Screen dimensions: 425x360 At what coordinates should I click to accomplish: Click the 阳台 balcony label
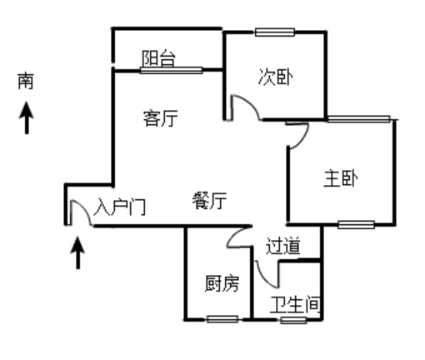pos(158,58)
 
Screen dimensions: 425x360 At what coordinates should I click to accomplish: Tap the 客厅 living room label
pos(161,118)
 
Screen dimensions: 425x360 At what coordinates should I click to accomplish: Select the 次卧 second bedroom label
pos(275,77)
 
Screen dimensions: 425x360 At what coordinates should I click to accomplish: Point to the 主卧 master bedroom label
pos(341,178)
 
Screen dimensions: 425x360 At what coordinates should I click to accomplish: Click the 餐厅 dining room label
pos(209,201)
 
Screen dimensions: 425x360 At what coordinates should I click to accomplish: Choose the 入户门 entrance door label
pos(120,207)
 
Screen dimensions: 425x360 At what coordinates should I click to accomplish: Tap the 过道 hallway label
pos(283,246)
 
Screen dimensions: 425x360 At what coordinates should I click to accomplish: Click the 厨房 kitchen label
pos(222,283)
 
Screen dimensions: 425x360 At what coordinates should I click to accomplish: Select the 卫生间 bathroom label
pos(295,304)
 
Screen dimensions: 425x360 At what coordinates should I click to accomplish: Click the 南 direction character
pos(26,81)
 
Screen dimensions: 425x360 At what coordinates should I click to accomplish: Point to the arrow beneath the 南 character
pos(27,117)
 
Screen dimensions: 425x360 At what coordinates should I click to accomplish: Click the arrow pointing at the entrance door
pos(77,252)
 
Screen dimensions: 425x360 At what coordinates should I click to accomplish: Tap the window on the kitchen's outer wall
pos(222,319)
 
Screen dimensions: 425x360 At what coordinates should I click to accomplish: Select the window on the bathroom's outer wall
pos(293,320)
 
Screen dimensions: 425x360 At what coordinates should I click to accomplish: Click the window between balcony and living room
pos(171,70)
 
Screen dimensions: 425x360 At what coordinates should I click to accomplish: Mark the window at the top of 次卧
pos(275,32)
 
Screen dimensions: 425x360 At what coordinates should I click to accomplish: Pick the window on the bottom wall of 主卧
pos(356,224)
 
